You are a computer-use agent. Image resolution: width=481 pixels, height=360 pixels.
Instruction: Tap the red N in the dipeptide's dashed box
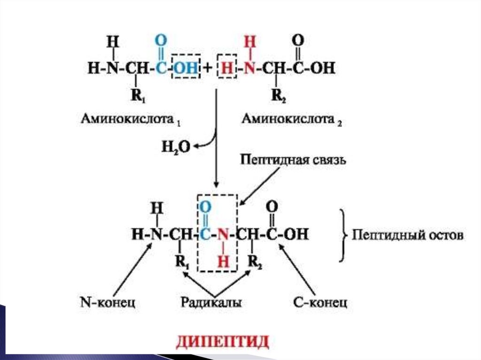225,233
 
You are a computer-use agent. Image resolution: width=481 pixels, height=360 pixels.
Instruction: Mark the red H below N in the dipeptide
225,262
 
